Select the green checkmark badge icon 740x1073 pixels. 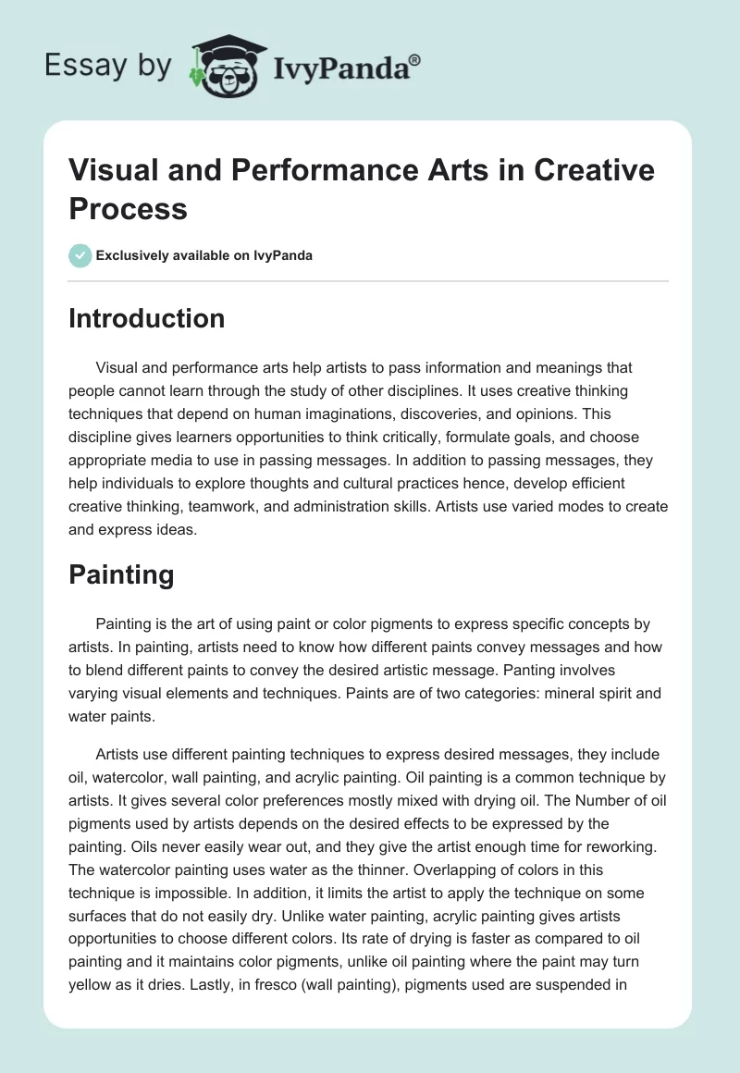click(x=80, y=255)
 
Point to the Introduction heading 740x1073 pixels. click(x=147, y=318)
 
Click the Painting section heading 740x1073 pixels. click(x=121, y=574)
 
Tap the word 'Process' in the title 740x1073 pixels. click(x=128, y=208)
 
